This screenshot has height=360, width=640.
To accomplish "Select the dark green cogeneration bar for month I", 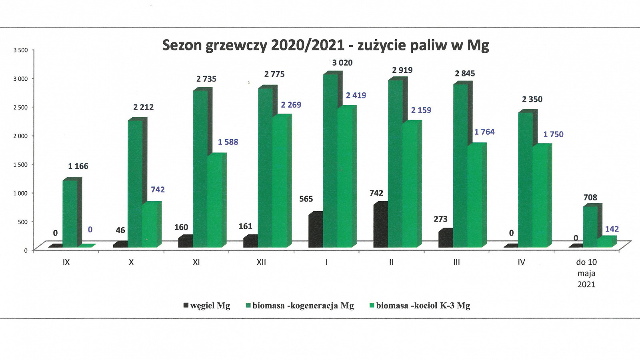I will coord(330,160).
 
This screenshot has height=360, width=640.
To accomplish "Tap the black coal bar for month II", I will coord(380,226).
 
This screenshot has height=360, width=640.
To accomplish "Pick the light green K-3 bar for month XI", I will coord(215,200).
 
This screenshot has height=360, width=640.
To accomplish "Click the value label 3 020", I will coord(342,63).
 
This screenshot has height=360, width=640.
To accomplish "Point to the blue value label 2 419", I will coord(356,96).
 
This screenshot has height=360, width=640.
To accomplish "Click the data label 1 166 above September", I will coord(78,166).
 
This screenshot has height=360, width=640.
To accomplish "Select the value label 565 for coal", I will coord(306,199).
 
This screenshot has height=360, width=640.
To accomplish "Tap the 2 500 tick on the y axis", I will coord(20,108).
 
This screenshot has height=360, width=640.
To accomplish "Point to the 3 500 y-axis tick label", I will coord(20,50).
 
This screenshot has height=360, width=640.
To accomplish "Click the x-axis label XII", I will coord(261,262).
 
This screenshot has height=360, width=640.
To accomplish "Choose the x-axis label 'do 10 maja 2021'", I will coord(586,273).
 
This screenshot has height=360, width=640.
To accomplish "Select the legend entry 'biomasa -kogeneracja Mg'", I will coord(300,306).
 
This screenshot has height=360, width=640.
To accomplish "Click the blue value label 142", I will coord(612,229).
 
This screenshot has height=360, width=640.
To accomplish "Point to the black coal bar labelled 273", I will coord(445,239).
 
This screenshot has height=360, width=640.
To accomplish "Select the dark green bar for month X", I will coord(135,184).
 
